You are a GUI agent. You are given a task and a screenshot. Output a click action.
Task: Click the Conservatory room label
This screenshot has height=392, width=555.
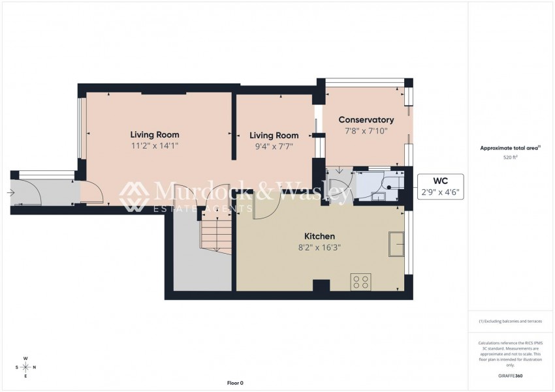(x=366, y=120)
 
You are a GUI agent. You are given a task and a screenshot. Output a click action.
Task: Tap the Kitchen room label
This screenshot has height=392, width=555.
(x=319, y=236)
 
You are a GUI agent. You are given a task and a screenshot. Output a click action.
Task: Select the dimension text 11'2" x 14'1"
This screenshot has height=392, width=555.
(x=154, y=146)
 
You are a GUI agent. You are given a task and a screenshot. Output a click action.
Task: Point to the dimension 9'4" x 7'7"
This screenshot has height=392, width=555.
(x=274, y=147)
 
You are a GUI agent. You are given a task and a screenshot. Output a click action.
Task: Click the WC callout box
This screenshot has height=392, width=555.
(x=441, y=187)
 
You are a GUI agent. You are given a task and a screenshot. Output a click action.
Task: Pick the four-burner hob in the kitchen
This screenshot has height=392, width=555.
(x=360, y=282)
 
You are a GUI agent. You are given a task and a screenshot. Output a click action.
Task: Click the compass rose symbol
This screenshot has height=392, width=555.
(x=25, y=367)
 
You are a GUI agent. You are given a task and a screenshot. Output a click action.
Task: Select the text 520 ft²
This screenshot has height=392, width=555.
(x=510, y=158)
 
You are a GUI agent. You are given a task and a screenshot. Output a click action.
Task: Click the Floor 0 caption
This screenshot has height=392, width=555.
(x=234, y=383)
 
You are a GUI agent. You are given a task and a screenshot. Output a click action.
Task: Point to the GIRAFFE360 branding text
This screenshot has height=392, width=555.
(x=510, y=376)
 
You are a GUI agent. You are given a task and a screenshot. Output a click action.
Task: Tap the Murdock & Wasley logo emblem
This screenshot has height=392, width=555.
(x=135, y=196)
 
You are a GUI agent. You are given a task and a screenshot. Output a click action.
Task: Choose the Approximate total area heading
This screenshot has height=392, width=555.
(x=509, y=149)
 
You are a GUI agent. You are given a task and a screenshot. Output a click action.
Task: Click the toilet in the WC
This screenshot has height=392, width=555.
(x=390, y=185)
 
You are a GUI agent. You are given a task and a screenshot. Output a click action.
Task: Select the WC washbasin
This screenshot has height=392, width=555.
(x=379, y=194)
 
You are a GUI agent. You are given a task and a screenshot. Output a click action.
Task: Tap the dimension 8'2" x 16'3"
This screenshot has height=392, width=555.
(x=319, y=247)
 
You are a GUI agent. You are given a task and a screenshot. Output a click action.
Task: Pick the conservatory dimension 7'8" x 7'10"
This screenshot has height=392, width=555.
(x=366, y=131)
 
